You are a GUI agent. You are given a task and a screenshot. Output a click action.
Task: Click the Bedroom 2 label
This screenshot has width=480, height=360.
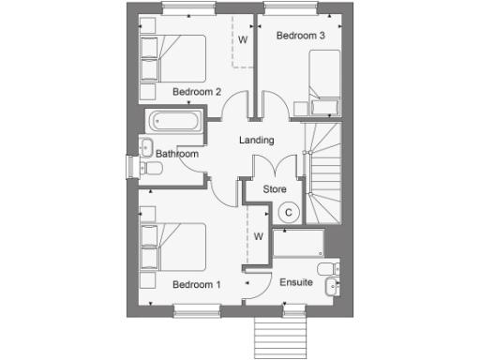197,92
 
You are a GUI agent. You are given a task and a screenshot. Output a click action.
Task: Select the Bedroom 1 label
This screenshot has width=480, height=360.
197,283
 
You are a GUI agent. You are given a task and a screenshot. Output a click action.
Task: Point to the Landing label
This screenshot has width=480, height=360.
256,141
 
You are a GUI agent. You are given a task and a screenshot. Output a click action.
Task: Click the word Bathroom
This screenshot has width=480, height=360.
177,154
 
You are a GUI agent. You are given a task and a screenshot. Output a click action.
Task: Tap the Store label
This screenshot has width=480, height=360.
274,189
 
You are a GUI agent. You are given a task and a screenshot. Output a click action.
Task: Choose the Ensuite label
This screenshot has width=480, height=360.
297,282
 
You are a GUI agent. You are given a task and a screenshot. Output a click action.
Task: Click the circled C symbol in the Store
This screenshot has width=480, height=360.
290,212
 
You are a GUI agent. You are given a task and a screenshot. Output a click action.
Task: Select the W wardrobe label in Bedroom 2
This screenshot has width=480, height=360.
242,39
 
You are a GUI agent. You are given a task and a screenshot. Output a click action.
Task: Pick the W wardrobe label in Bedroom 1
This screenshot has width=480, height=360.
257,236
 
